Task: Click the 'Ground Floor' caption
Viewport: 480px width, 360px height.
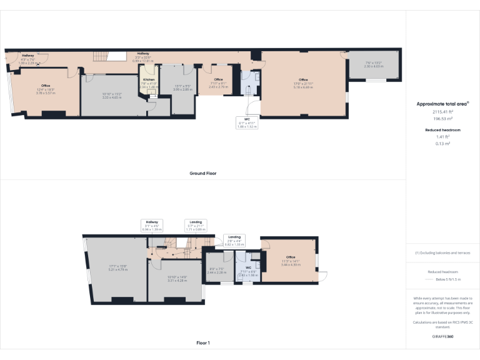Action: click(x=203, y=173)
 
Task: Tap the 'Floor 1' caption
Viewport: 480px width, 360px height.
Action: click(x=203, y=342)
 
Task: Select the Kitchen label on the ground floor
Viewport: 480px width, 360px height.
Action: click(x=149, y=80)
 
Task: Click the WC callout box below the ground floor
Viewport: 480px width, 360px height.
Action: click(x=247, y=122)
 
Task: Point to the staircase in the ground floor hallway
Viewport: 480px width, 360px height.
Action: click(x=101, y=57)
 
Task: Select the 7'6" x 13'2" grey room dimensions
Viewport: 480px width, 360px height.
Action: click(x=374, y=64)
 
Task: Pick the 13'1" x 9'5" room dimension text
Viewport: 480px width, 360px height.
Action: click(x=182, y=88)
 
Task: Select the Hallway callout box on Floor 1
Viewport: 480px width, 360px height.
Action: click(x=152, y=226)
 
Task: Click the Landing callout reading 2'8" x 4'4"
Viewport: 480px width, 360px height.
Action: click(x=234, y=240)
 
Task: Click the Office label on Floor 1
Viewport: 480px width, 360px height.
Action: click(x=291, y=257)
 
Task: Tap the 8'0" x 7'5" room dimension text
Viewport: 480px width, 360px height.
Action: click(x=216, y=271)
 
